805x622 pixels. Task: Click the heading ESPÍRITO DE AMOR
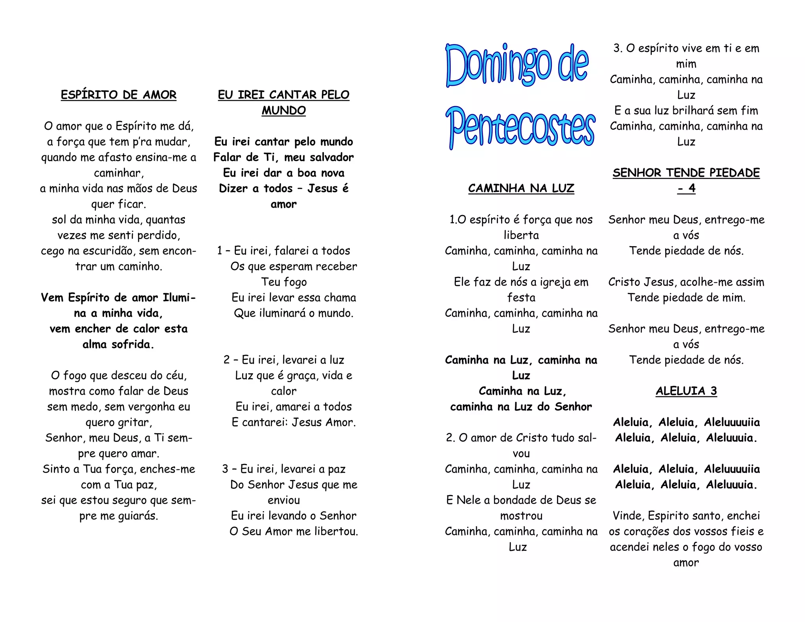tap(118, 95)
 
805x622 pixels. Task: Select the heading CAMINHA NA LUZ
tap(521, 188)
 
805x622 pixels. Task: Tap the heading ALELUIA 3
tap(686, 391)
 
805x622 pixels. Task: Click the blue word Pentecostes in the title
tap(520, 128)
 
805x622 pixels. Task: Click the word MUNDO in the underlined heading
tap(283, 110)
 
